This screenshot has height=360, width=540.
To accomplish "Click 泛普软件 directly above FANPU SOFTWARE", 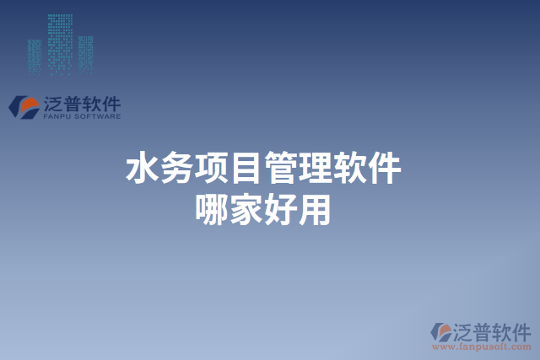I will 81,105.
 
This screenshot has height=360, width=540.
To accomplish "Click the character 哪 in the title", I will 211,208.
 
